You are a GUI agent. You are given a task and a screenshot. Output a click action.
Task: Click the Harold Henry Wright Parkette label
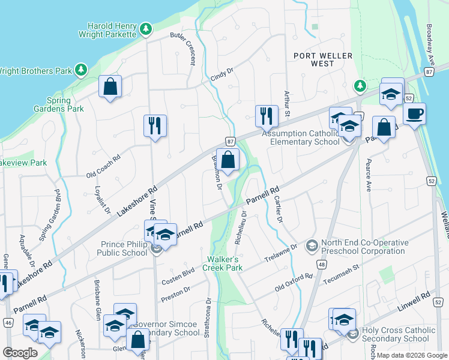[x=111, y=31]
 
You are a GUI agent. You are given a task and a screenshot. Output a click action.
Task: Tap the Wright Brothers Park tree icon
[x=81, y=71]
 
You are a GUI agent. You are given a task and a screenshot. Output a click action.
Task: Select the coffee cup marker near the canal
[x=414, y=113]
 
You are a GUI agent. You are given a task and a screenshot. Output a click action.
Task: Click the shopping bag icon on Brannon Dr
[x=228, y=160]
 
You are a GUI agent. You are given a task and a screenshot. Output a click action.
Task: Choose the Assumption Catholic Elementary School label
[x=305, y=138]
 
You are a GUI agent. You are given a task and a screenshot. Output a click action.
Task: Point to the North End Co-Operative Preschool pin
[x=312, y=246]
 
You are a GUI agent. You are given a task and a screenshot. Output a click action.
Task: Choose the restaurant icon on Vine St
[x=155, y=125]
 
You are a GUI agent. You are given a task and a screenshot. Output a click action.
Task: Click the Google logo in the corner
[x=20, y=353]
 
